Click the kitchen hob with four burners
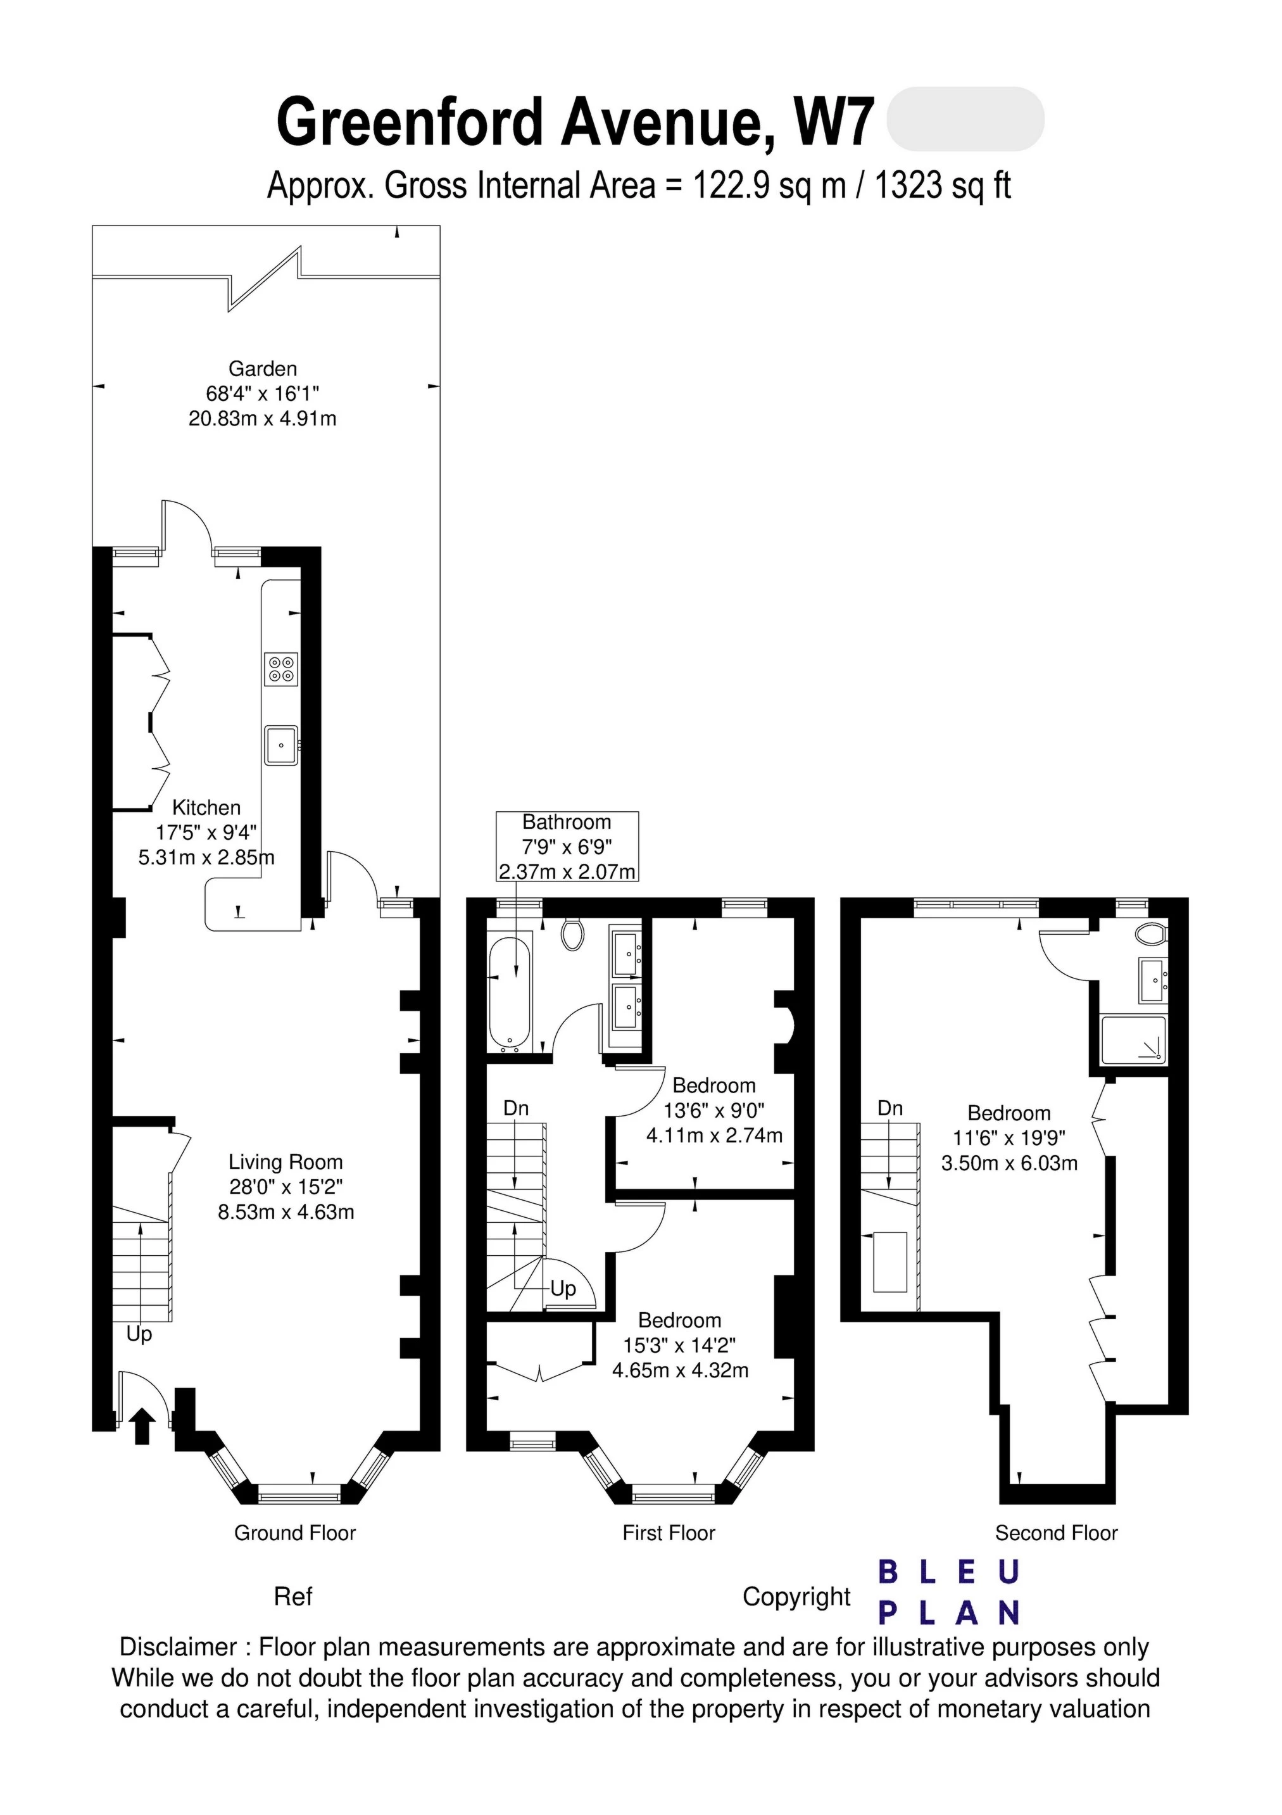click(x=281, y=669)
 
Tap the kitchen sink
click(x=281, y=745)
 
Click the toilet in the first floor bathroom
click(x=572, y=934)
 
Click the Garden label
click(x=262, y=369)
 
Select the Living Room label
click(x=286, y=1162)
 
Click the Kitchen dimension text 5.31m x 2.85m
click(x=206, y=857)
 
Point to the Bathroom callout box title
click(x=566, y=822)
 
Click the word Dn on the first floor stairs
click(x=516, y=1108)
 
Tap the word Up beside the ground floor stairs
click(x=139, y=1334)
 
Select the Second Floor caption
click(x=1056, y=1533)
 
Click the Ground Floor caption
click(x=295, y=1533)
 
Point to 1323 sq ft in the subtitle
click(x=942, y=186)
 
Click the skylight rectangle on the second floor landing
click(x=890, y=1262)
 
